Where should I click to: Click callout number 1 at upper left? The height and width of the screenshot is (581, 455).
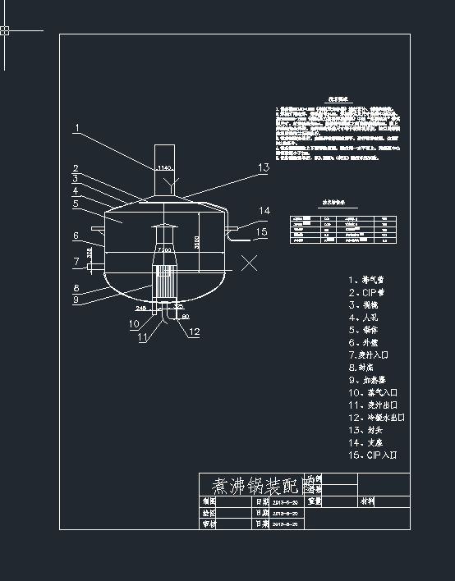pyautogui.click(x=76, y=128)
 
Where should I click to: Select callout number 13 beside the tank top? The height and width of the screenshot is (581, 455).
pyautogui.click(x=263, y=167)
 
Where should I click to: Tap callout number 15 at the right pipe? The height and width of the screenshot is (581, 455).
pyautogui.click(x=261, y=231)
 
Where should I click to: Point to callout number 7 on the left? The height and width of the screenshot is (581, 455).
pyautogui.click(x=75, y=263)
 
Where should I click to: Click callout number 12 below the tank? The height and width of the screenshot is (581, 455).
pyautogui.click(x=194, y=332)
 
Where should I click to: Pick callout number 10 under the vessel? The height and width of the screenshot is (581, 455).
pyautogui.click(x=133, y=324)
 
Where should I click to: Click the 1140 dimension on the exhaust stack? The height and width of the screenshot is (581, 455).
pyautogui.click(x=163, y=168)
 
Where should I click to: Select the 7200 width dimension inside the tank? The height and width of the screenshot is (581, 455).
pyautogui.click(x=164, y=249)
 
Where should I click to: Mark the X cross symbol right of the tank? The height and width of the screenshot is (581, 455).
pyautogui.click(x=250, y=263)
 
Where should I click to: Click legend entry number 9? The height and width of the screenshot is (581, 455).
pyautogui.click(x=366, y=381)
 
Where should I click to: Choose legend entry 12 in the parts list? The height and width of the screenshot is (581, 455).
pyautogui.click(x=375, y=418)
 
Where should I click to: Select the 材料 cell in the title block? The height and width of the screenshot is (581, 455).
pyautogui.click(x=367, y=500)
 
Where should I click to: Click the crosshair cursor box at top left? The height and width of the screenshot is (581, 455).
pyautogui.click(x=5, y=31)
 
